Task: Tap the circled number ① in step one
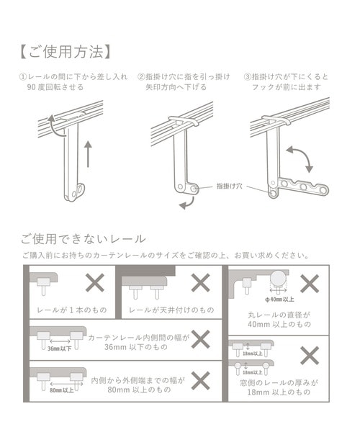click(x=22, y=77)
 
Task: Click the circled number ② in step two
click(x=141, y=77)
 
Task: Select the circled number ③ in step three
click(x=248, y=77)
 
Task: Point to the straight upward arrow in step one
click(x=88, y=154)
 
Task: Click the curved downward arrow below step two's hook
click(x=186, y=205)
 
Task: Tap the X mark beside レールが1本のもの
click(x=95, y=283)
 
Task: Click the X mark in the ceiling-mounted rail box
click(x=199, y=283)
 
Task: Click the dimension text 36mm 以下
click(x=59, y=348)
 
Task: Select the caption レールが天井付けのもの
click(x=171, y=310)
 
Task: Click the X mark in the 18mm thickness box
click(x=310, y=355)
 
